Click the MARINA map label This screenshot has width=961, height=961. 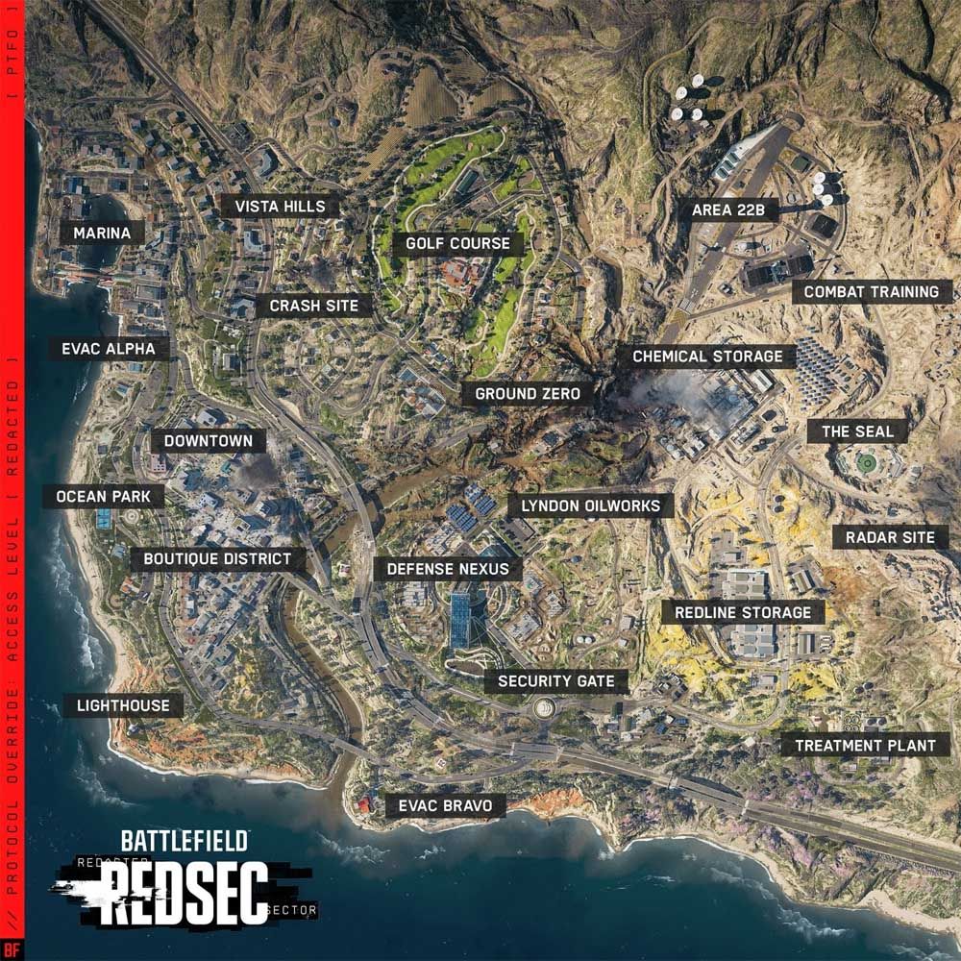point(101,233)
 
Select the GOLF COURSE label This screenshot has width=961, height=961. point(457,243)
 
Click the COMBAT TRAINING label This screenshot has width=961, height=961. point(871,291)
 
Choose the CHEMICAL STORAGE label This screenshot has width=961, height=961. point(707,357)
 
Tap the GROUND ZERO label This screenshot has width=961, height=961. point(528,393)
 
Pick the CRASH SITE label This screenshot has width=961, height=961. point(313,306)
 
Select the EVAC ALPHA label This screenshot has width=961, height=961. point(109,348)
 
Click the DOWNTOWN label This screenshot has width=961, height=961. point(208,441)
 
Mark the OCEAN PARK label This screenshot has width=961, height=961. point(103,497)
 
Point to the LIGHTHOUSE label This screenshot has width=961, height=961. point(123,705)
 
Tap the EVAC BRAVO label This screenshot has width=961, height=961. point(445,805)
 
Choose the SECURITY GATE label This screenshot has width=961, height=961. point(555,681)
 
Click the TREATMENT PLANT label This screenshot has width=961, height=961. point(865,745)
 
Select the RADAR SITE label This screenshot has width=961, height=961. point(890,537)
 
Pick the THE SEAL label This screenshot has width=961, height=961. point(857,431)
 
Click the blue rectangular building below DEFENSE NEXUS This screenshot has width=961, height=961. point(460,619)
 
